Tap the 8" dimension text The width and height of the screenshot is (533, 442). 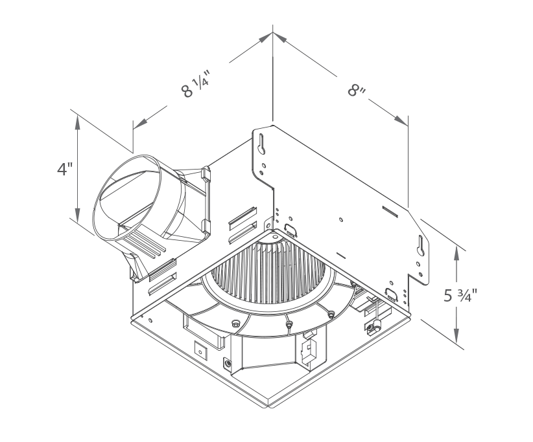(x=357, y=89)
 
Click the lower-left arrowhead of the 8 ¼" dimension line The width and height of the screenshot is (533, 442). (x=139, y=123)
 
